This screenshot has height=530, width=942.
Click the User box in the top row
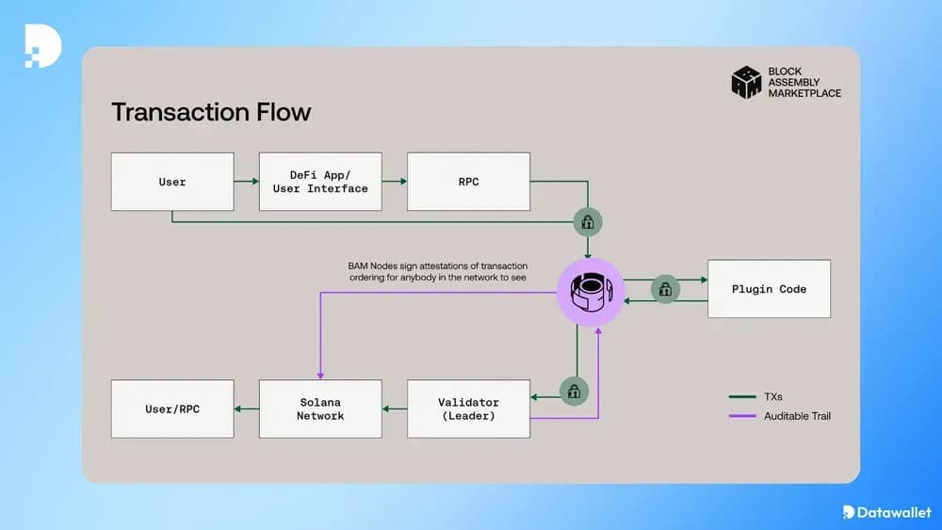[172, 182]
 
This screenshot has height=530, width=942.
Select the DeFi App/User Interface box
[320, 182]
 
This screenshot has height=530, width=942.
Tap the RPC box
[468, 182]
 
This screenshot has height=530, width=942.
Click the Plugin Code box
[769, 289]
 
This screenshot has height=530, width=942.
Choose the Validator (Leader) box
[468, 409]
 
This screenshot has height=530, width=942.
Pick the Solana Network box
[320, 409]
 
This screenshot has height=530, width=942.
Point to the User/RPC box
[172, 409]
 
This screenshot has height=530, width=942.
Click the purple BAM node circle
[590, 292]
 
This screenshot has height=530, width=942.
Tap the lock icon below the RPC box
[588, 223]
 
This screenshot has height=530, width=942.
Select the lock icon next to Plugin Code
[665, 290]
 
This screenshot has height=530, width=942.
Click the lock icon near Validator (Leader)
[574, 391]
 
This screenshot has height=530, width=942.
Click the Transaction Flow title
[211, 112]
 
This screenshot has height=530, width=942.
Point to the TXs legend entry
[762, 396]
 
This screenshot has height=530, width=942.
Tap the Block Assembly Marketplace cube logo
[746, 82]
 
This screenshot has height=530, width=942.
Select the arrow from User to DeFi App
[246, 182]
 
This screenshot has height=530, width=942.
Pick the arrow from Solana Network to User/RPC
[246, 409]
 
